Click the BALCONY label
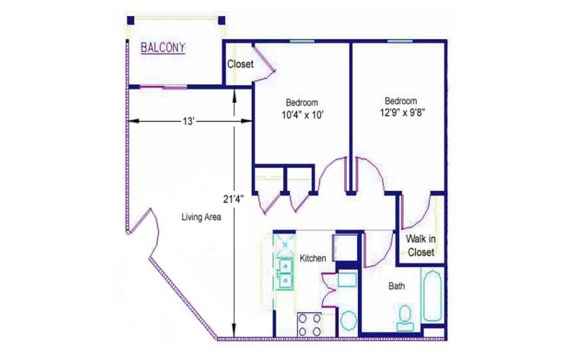point(163,48)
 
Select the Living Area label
point(201,217)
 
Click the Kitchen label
point(313,258)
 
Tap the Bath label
point(396,286)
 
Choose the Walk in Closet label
point(421,245)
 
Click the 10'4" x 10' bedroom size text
point(303,115)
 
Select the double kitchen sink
point(285,274)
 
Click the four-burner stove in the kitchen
point(310,324)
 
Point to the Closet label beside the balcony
point(240,64)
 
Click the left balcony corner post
point(130,21)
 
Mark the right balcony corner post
point(221,21)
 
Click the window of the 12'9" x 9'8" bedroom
point(400,41)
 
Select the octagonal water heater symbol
point(348,321)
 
